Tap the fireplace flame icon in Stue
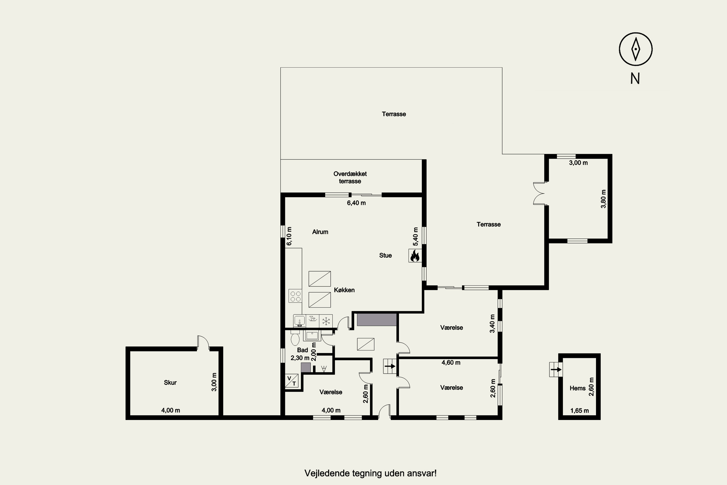coord(415,256)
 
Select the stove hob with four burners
coord(295,296)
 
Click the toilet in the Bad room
coord(295,338)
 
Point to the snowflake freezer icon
coord(326,321)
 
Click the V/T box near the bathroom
coord(292,381)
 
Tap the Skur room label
coord(170,383)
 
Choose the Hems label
coord(577,388)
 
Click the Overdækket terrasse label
coord(350,178)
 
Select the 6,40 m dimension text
coord(356,203)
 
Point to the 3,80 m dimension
coord(603,199)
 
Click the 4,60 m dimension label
coord(451,363)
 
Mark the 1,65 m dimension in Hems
coord(580,411)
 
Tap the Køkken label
coord(344,290)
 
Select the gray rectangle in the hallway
coord(377,320)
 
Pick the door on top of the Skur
coord(203,342)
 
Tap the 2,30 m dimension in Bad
coord(300,358)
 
